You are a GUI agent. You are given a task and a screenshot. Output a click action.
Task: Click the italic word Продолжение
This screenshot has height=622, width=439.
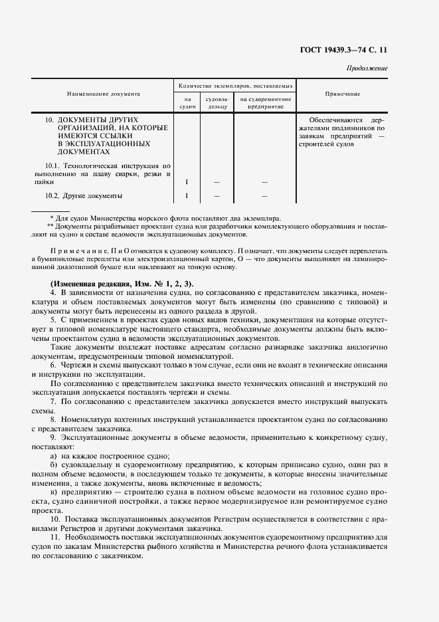pyautogui.click(x=367, y=68)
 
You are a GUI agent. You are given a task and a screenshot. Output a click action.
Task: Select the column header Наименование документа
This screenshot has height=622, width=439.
pyautogui.click(x=103, y=94)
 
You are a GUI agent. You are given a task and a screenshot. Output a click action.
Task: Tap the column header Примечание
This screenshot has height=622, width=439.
pyautogui.click(x=343, y=94)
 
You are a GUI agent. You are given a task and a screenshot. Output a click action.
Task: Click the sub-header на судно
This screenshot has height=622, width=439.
pyautogui.click(x=187, y=102)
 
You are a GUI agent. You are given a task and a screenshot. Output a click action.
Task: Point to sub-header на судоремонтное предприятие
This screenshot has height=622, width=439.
pyautogui.click(x=265, y=102)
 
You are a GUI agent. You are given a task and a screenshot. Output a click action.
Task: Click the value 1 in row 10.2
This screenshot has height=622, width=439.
pyautogui.click(x=187, y=196)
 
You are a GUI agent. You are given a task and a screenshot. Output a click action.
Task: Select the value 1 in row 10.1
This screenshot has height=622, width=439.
pyautogui.click(x=187, y=181)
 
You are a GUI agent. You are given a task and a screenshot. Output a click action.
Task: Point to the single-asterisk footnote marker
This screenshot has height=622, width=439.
pyautogui.click(x=52, y=218)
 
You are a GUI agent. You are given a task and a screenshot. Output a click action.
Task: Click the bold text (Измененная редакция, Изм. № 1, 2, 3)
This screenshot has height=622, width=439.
pyautogui.click(x=118, y=284)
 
